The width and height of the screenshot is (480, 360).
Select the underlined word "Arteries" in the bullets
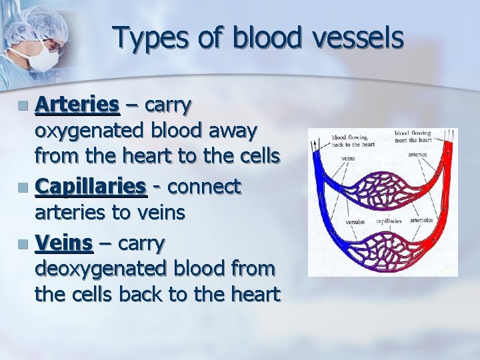[x=77, y=105]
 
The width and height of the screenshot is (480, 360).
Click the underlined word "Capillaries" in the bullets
[x=91, y=189]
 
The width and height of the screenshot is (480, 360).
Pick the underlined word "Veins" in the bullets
[x=63, y=244]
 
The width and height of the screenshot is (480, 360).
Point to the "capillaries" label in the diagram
[x=389, y=221]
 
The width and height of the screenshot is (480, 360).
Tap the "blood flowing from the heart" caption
[x=413, y=137]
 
